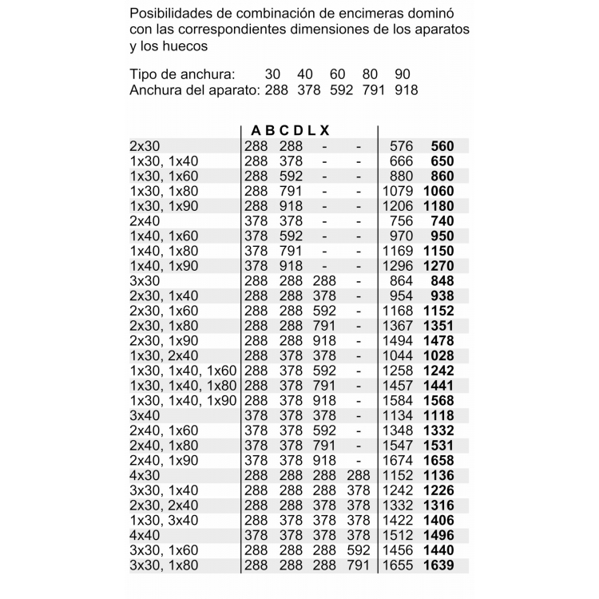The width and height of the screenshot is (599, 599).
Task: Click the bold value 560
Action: [442, 146]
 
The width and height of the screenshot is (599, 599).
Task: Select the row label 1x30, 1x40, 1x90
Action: [184, 401]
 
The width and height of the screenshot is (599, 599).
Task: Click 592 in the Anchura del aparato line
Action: [341, 90]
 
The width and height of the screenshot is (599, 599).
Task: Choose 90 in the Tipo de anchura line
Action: [403, 74]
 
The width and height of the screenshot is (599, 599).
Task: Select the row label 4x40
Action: [145, 536]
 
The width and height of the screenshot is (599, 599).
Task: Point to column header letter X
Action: [324, 130]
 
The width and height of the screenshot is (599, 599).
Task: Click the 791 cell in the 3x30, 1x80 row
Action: [359, 565]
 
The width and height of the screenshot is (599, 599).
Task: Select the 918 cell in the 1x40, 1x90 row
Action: [291, 266]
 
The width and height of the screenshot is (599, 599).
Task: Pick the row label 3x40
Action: [145, 416]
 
